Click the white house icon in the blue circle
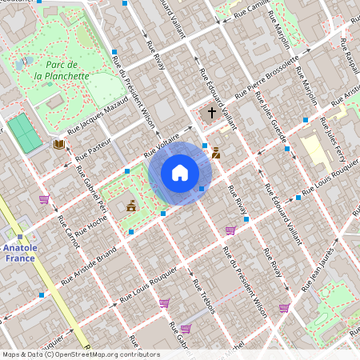click(179, 173)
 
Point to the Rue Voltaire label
click(160, 146)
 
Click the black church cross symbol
click(212, 113)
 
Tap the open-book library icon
click(58, 145)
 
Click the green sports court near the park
click(26, 132)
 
